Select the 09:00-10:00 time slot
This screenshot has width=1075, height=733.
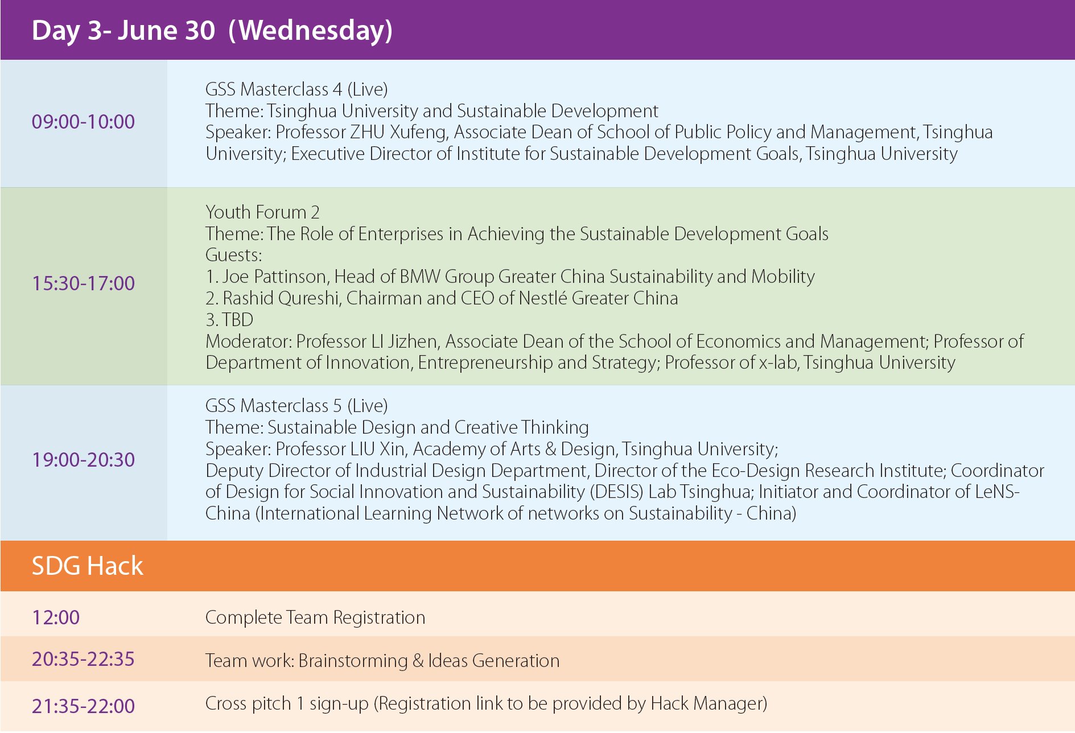[x=83, y=122]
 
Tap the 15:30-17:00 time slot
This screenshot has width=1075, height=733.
[x=83, y=283]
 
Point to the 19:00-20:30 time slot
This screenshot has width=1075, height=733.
[x=83, y=460]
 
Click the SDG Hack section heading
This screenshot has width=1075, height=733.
[x=87, y=566]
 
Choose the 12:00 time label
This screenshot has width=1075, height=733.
[x=56, y=617]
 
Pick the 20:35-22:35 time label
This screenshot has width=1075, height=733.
[x=83, y=659]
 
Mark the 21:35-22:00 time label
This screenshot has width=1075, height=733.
[x=83, y=706]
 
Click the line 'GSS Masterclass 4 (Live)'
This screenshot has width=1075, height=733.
[x=296, y=89]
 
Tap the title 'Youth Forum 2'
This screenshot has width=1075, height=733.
[x=262, y=212]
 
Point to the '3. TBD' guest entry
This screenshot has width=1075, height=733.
[x=229, y=320]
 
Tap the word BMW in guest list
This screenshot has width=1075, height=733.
[x=419, y=277]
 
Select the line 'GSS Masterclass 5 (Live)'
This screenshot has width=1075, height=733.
[x=296, y=406]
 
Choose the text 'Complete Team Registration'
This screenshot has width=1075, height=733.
[x=315, y=618]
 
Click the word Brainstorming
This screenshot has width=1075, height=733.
[x=353, y=661]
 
